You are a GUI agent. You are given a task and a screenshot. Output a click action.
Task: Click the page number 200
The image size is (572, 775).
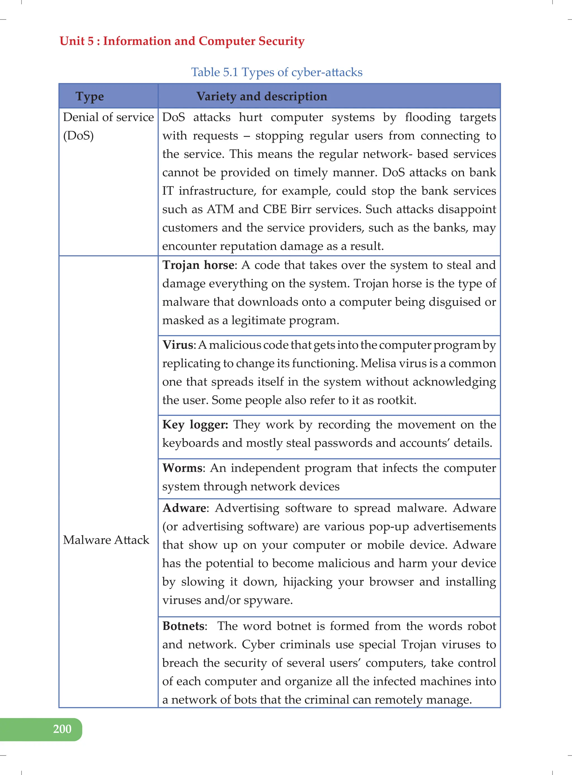pos(62,729)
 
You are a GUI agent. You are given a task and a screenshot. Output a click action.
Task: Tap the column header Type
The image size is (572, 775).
pos(89,96)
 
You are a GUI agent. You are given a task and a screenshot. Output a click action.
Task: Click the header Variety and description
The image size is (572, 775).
pos(261,96)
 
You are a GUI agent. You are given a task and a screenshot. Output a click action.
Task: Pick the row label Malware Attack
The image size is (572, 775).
pos(106,540)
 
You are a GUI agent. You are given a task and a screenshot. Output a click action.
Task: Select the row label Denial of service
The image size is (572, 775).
pos(108,117)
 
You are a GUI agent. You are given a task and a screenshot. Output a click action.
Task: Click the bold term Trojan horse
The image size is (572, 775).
pos(198,265)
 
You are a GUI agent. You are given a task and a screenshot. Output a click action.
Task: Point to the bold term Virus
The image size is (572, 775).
pos(178,345)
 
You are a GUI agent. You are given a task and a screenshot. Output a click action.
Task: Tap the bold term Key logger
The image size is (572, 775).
pos(195,425)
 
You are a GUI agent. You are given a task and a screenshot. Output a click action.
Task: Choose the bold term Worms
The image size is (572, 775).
pos(182,468)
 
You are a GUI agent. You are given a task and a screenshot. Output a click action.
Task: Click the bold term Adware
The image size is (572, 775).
pos(184,508)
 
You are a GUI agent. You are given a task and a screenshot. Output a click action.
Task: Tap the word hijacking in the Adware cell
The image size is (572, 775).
pos(308,582)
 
